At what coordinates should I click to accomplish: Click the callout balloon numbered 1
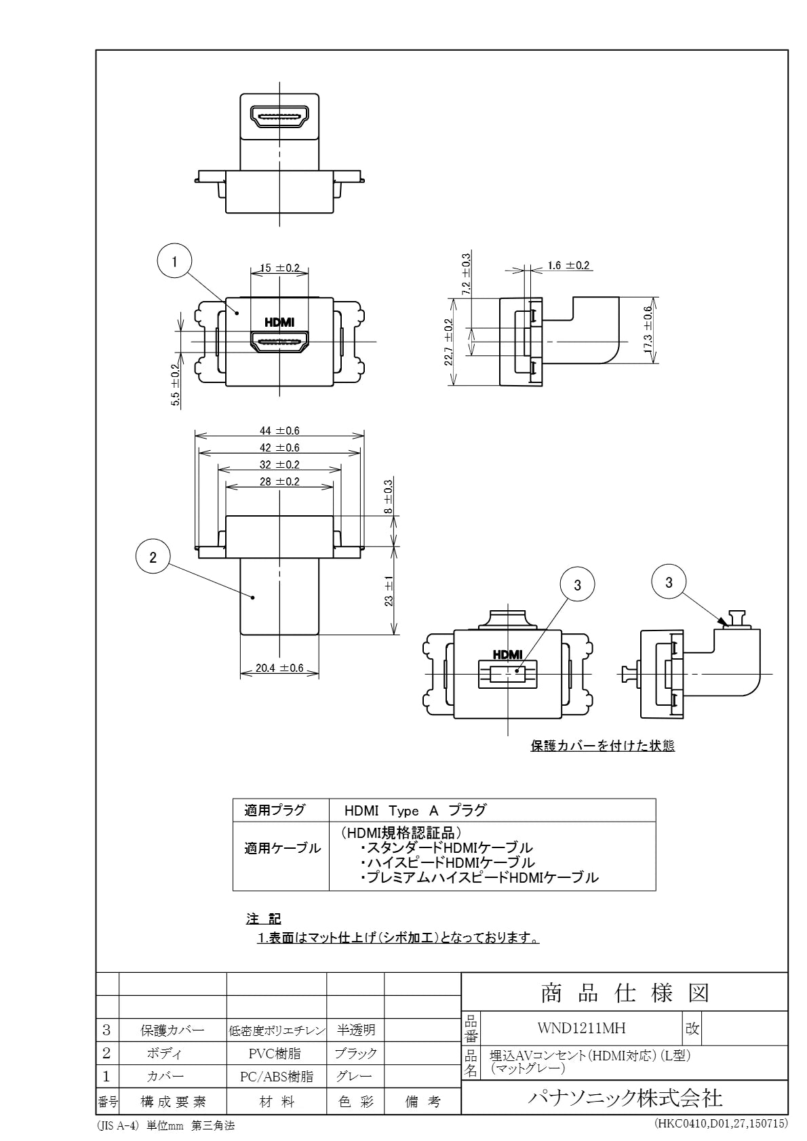click(175, 261)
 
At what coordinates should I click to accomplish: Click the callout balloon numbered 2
click(153, 557)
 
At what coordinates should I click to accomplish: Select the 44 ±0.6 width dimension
click(279, 431)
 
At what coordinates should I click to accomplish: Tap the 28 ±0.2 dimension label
click(279, 481)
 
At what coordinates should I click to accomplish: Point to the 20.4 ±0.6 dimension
click(279, 668)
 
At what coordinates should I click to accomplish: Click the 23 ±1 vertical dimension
click(389, 591)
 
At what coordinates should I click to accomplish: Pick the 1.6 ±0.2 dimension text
click(568, 265)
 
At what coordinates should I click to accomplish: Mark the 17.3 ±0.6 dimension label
click(648, 330)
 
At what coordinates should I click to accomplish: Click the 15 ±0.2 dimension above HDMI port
click(279, 268)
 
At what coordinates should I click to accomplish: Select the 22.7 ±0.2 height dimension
click(448, 342)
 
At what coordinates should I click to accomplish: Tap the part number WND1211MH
click(581, 1028)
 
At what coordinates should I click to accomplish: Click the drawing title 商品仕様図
click(625, 993)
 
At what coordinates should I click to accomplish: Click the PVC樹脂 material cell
click(275, 1053)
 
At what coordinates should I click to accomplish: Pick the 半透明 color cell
click(355, 1030)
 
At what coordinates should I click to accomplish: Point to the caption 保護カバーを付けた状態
click(603, 746)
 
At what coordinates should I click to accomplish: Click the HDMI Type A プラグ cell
click(415, 810)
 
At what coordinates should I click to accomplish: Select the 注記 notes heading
click(263, 919)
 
